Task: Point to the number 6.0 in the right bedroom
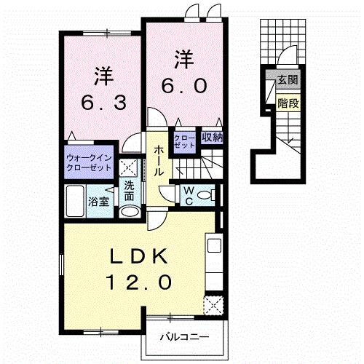(183, 85)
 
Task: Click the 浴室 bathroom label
(99, 202)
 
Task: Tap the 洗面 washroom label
(129, 191)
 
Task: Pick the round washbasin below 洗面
(129, 212)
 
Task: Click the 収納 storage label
(211, 137)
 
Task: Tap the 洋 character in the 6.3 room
(101, 74)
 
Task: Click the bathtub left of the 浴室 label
(75, 202)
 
